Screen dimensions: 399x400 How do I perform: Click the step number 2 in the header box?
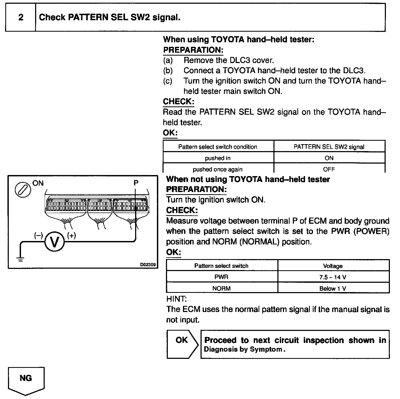21,18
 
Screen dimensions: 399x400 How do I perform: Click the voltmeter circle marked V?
55,242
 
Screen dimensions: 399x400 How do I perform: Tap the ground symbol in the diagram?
20,259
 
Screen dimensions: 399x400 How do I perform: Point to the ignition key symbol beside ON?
23,189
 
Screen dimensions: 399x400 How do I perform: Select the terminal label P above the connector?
136,183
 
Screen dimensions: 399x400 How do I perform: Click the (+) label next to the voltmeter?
72,235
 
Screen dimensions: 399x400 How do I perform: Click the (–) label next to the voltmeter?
38,235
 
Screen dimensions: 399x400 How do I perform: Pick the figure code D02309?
148,265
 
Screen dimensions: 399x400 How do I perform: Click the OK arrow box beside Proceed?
182,344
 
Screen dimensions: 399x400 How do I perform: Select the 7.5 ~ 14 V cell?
333,277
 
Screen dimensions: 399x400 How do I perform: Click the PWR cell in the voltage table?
221,277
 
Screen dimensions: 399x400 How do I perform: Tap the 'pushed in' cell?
218,158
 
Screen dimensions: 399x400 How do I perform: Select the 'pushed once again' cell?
218,169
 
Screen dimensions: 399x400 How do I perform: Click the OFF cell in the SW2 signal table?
329,169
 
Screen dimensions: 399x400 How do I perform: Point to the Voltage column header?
333,266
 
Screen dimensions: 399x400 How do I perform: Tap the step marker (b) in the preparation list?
168,71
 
